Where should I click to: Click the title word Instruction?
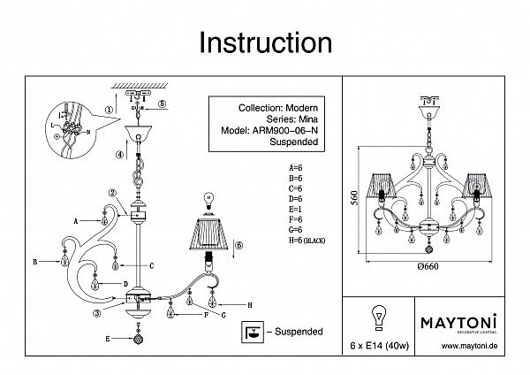tap(265, 43)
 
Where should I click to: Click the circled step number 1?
tap(110, 111)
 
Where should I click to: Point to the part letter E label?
tap(108, 339)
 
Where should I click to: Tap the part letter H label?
tap(250, 305)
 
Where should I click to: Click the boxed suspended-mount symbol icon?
tap(254, 331)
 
